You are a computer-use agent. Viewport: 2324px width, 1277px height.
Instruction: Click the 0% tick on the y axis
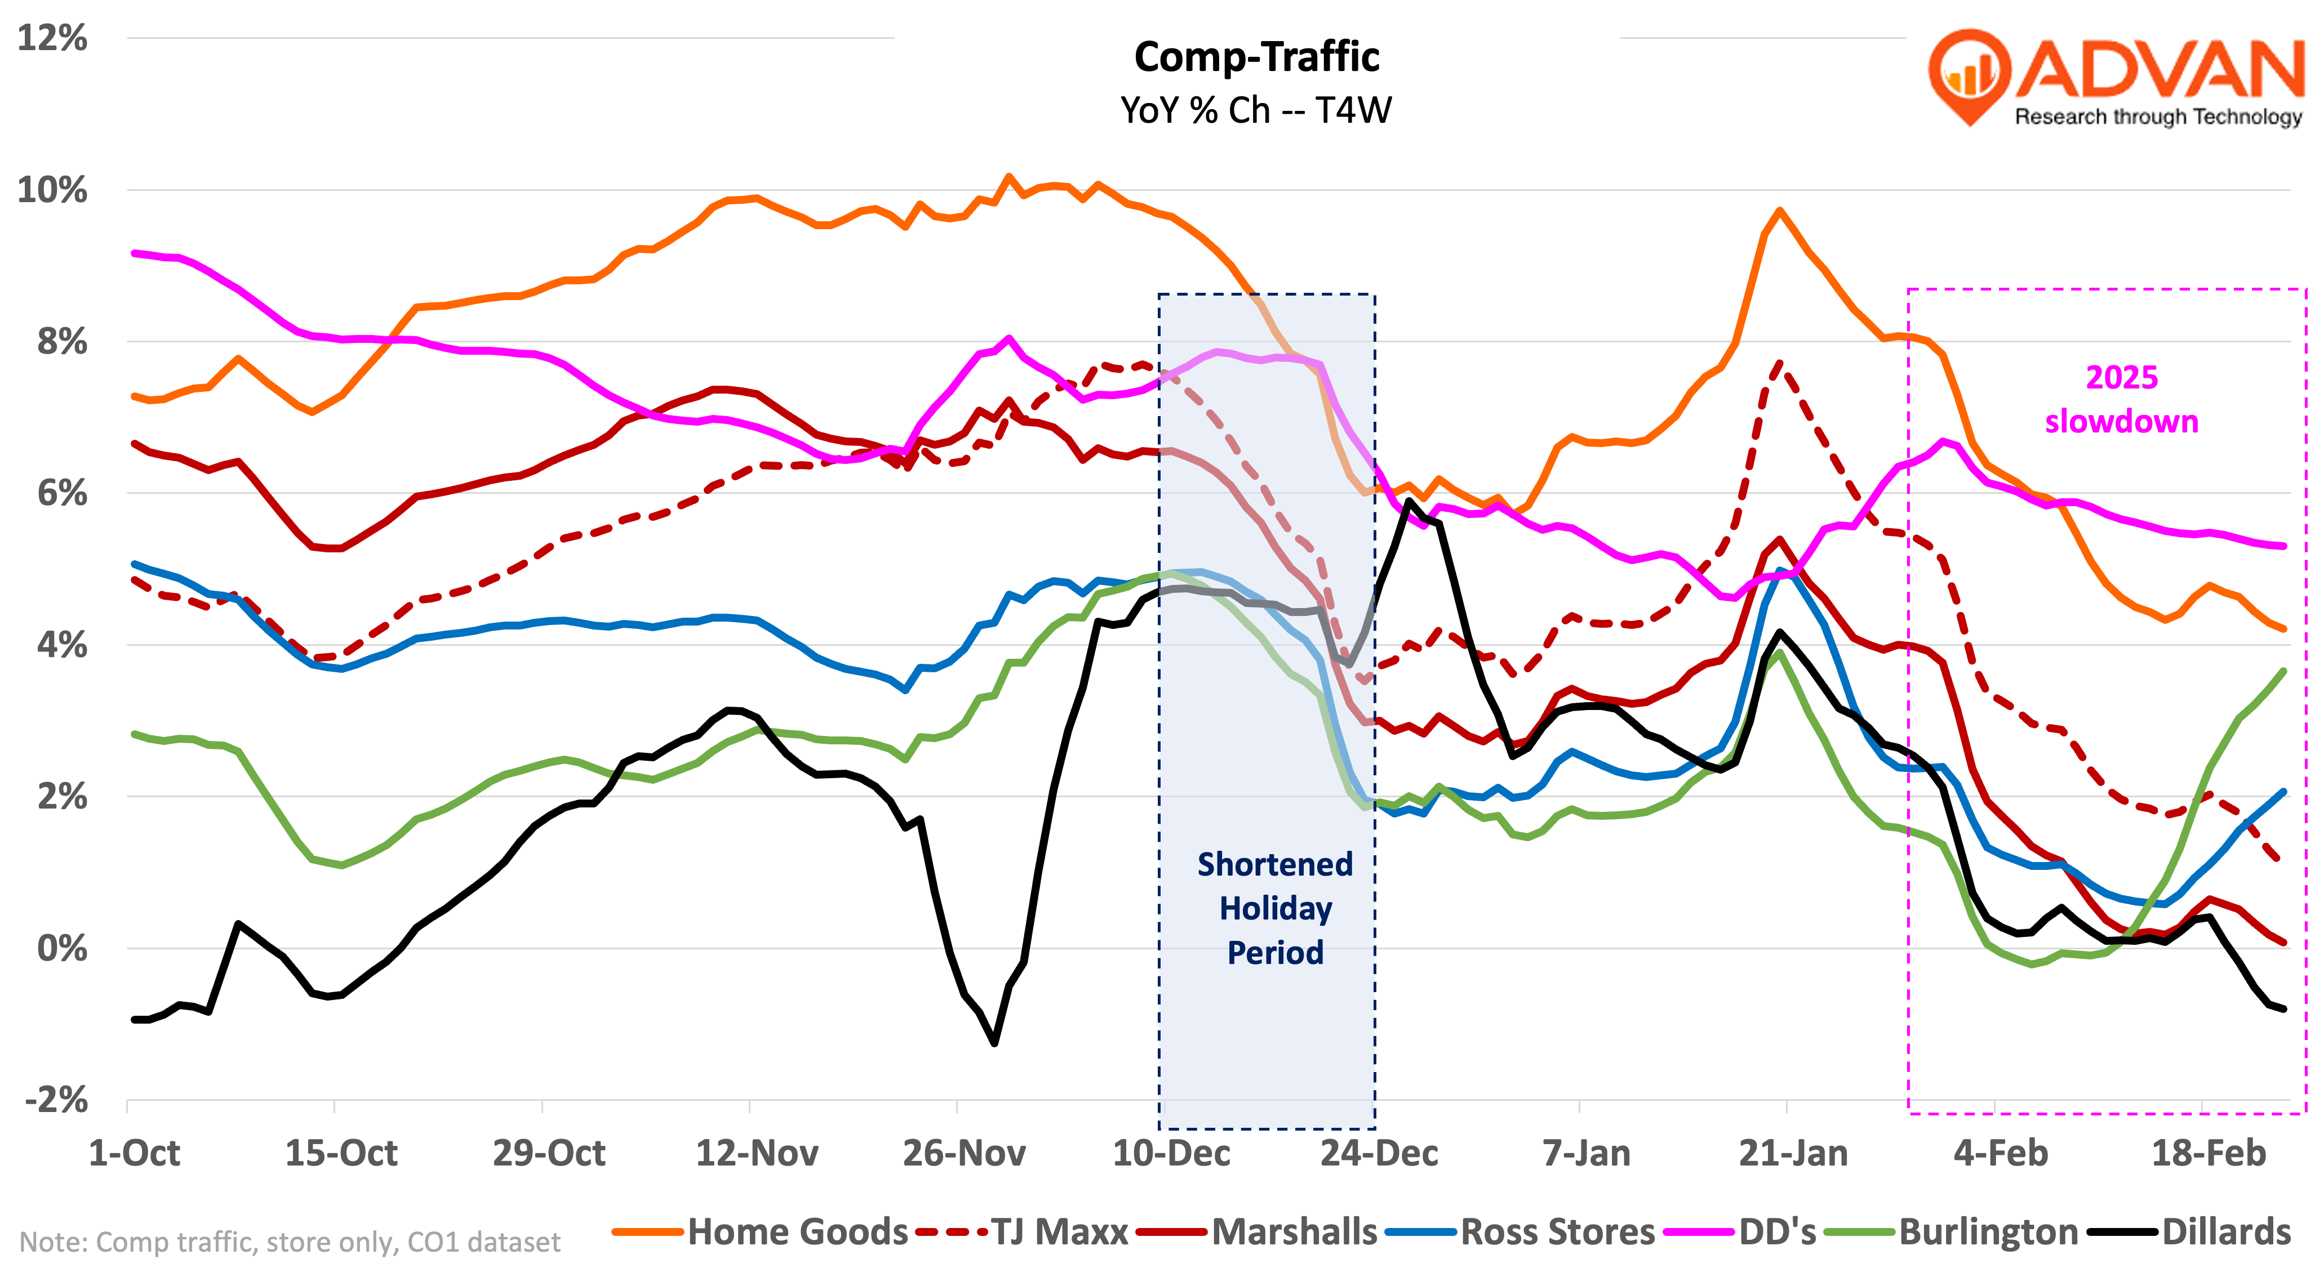[x=62, y=948]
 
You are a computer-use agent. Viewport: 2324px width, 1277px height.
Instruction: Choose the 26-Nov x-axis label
[x=963, y=1153]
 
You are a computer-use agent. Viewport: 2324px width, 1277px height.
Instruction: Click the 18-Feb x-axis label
[x=2209, y=1153]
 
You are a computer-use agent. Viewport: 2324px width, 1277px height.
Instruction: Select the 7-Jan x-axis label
[x=1586, y=1153]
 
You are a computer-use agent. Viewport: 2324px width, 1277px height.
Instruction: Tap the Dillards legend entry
[x=2225, y=1232]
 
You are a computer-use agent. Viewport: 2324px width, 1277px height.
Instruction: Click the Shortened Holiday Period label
[x=1275, y=908]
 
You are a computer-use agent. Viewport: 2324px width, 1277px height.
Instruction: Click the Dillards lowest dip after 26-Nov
[x=994, y=1043]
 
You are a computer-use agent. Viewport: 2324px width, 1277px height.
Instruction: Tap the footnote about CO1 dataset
[x=290, y=1242]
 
